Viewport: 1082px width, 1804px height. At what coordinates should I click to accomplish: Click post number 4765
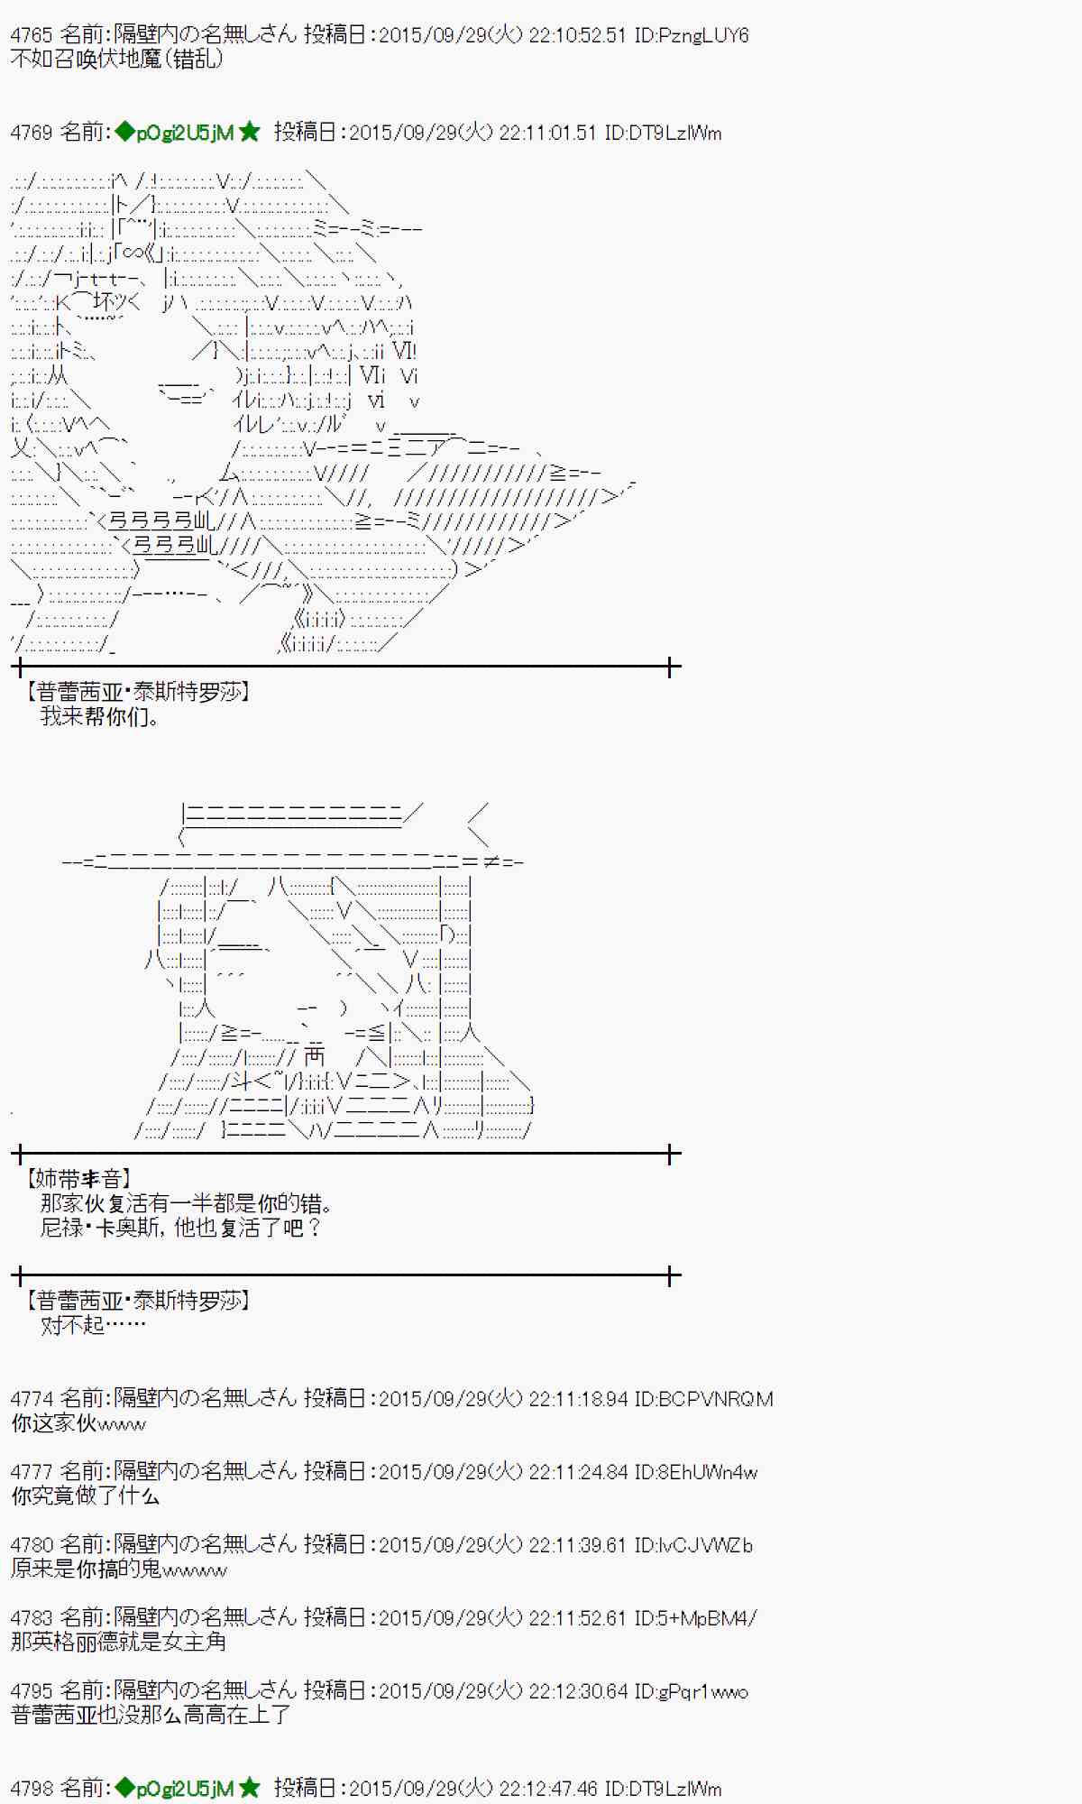pos(32,35)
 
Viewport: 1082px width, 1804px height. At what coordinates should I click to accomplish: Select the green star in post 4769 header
pos(250,133)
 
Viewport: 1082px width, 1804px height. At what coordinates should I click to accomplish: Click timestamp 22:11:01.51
pos(546,133)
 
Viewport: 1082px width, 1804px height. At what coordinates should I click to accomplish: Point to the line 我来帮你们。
pos(100,717)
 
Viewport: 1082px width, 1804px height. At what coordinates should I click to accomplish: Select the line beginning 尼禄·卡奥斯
pos(180,1228)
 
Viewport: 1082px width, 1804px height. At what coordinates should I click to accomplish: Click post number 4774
pos(32,1399)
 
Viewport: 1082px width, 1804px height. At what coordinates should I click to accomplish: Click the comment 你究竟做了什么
pos(86,1496)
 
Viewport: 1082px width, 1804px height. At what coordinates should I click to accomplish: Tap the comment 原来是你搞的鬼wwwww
pos(119,1569)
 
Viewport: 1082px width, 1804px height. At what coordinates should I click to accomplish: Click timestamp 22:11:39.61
pos(576,1545)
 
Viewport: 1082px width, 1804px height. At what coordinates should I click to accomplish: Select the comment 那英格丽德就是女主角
pos(118,1643)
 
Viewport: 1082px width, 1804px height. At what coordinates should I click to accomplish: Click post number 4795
pos(32,1691)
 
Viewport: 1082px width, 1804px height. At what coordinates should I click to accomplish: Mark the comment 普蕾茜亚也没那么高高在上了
pos(151,1716)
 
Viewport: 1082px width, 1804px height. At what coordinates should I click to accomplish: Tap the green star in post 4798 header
pos(250,1789)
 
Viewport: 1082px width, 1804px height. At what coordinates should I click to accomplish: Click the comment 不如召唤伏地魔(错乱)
pos(116,60)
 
